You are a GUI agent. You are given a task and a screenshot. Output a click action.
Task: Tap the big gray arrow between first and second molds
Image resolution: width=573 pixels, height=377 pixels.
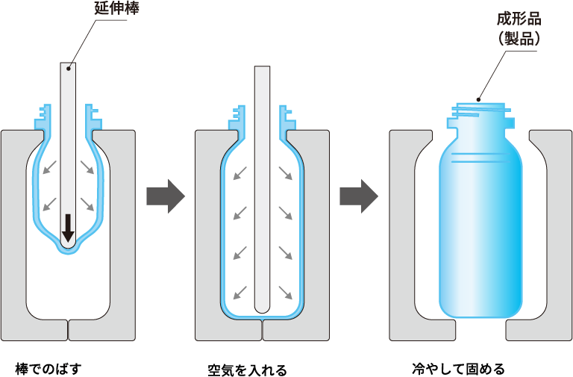click(165, 196)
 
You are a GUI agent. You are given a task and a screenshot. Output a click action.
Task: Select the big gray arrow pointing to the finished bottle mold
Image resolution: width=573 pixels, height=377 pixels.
click(359, 196)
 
